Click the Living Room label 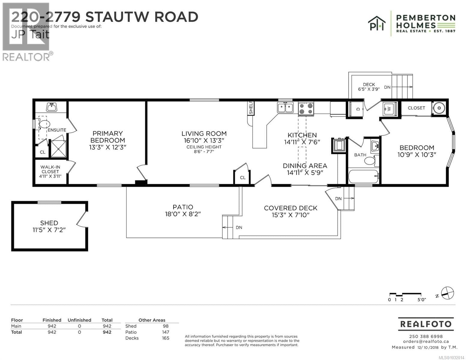(x=204, y=133)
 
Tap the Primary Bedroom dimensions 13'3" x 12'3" (x=107, y=147)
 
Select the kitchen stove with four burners (x=306, y=109)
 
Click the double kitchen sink (x=285, y=107)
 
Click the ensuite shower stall (x=58, y=149)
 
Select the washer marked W (x=389, y=109)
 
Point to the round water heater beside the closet (x=439, y=108)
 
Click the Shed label (x=49, y=223)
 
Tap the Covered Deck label (x=290, y=208)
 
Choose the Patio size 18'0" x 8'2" (x=183, y=214)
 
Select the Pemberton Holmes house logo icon (x=377, y=23)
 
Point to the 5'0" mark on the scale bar (x=421, y=299)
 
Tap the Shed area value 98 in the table (x=165, y=326)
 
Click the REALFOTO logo (x=426, y=324)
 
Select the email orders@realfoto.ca (x=426, y=341)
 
